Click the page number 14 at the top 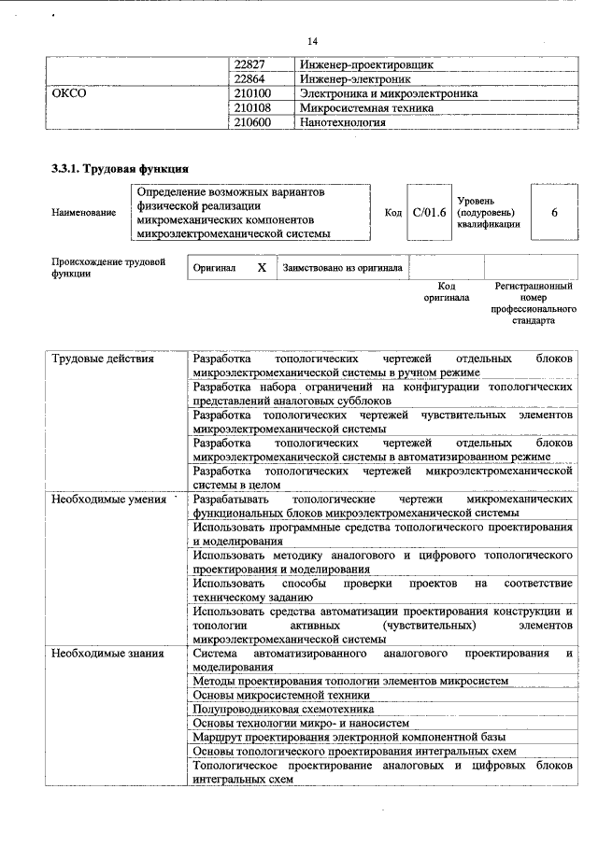click(313, 41)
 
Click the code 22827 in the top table click(249, 66)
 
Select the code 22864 click(249, 80)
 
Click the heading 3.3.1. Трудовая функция click(121, 169)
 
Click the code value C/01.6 click(429, 213)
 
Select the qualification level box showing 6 click(554, 213)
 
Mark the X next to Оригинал click(262, 268)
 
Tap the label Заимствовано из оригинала click(342, 268)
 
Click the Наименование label click(84, 213)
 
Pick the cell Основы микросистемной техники click(281, 696)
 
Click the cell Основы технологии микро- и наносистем click(301, 723)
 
